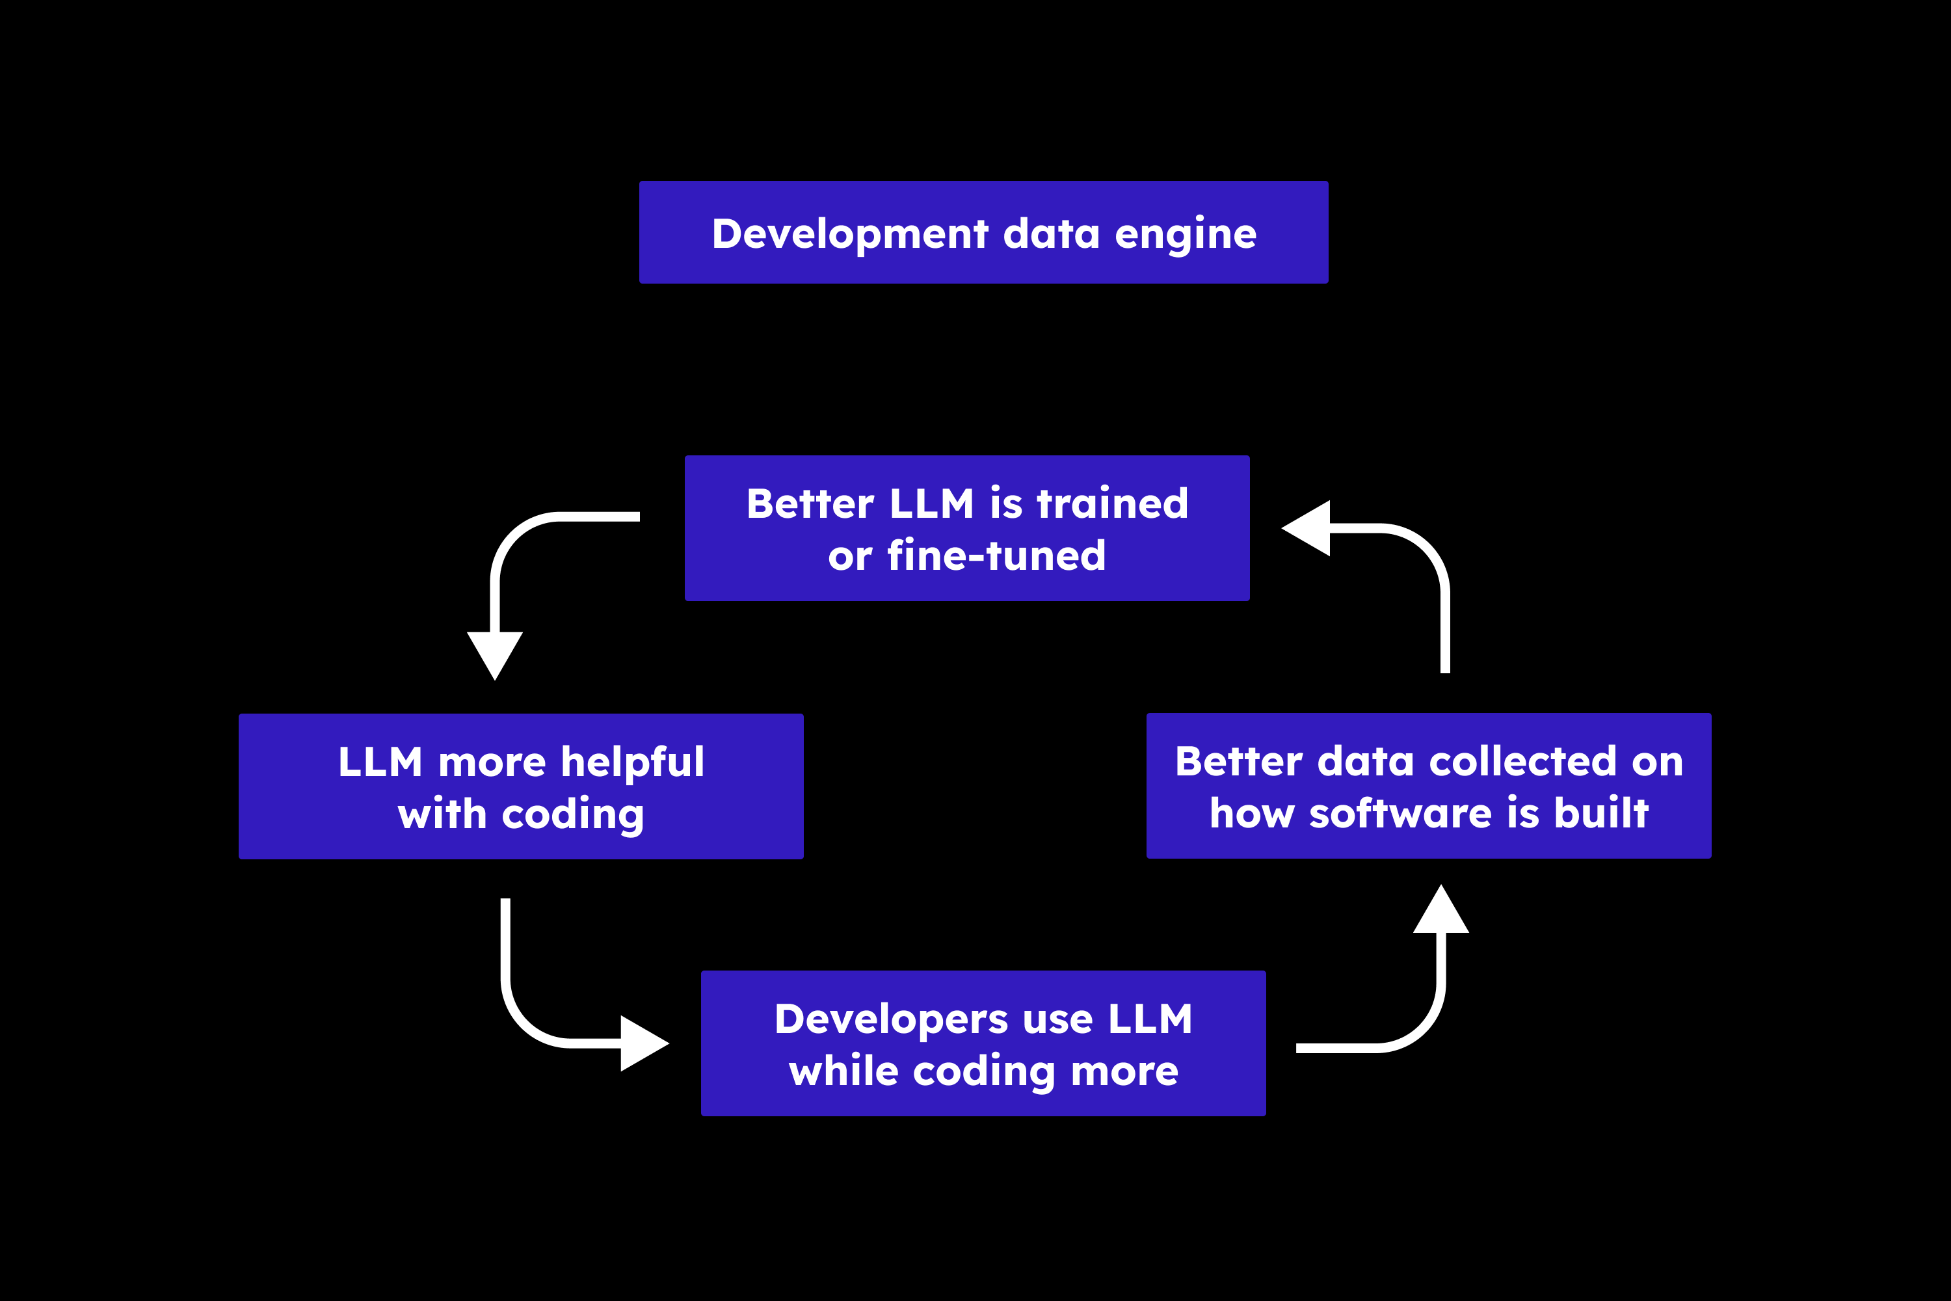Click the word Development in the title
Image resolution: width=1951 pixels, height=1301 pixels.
tap(849, 234)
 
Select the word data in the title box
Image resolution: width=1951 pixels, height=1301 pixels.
tap(1051, 234)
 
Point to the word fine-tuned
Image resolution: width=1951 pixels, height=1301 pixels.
tap(996, 556)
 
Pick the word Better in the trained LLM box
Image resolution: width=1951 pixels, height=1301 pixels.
tap(810, 503)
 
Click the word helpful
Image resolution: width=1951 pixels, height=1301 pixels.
tap(632, 762)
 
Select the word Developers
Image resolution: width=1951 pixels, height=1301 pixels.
tap(891, 1020)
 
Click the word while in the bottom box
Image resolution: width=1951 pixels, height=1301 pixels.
tap(843, 1071)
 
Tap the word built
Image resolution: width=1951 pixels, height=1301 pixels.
tap(1601, 813)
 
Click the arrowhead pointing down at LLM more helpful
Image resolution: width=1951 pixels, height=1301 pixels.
tap(495, 654)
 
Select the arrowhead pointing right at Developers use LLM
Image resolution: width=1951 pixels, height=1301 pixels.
tap(643, 1044)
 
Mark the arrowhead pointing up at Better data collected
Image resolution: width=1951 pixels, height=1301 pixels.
tap(1441, 910)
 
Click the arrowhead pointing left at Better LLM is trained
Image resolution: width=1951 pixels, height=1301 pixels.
tap(1308, 528)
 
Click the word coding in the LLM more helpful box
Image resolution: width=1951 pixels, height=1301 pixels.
tap(572, 814)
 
